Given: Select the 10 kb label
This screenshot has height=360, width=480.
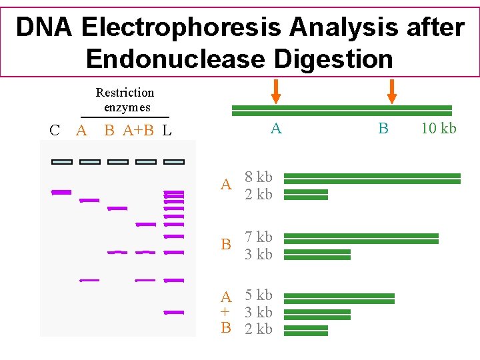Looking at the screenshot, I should point(439,129).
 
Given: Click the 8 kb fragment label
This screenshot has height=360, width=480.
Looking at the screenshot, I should point(258,178).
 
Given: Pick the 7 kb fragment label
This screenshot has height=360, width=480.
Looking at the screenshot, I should point(258,237).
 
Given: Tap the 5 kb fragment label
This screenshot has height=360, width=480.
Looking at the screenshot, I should point(258,295).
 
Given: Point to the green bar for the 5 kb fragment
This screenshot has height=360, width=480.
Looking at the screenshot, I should point(343,297).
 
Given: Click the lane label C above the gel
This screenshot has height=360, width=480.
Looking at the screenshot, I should point(55,131).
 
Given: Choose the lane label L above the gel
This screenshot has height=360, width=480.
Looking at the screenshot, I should point(167,131).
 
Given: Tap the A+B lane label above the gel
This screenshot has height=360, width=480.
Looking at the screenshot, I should point(138,131).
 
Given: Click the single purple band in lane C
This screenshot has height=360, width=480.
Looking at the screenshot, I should point(61,192).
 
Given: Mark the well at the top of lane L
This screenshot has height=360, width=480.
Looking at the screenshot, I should point(174,161).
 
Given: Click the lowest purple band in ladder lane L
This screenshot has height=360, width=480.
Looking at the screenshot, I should point(174,312).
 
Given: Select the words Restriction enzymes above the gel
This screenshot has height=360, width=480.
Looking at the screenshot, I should point(125,100).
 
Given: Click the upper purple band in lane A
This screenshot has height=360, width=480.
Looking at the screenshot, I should point(89,200).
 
